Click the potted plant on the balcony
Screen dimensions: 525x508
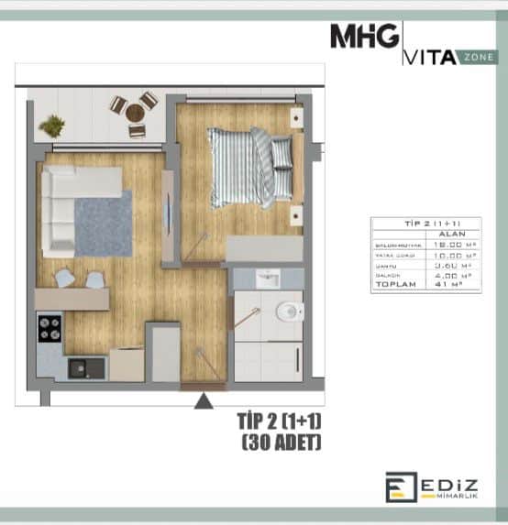[x=52, y=126]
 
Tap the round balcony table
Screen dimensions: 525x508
[x=135, y=112]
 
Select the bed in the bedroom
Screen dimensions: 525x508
[x=249, y=167]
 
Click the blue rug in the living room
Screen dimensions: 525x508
[x=103, y=223]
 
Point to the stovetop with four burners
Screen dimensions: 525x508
[x=50, y=327]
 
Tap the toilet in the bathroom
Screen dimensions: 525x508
[x=288, y=312]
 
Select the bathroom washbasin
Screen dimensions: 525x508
[x=268, y=279]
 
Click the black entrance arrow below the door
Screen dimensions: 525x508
[x=204, y=399]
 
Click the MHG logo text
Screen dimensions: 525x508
[x=364, y=38]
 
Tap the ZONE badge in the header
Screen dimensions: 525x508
[x=480, y=57]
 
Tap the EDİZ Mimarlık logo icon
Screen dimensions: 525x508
[x=401, y=487]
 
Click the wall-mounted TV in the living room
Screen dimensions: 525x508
[x=167, y=217]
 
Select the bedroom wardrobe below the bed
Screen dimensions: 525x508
[x=264, y=248]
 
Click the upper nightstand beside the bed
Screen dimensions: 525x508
[x=296, y=118]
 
